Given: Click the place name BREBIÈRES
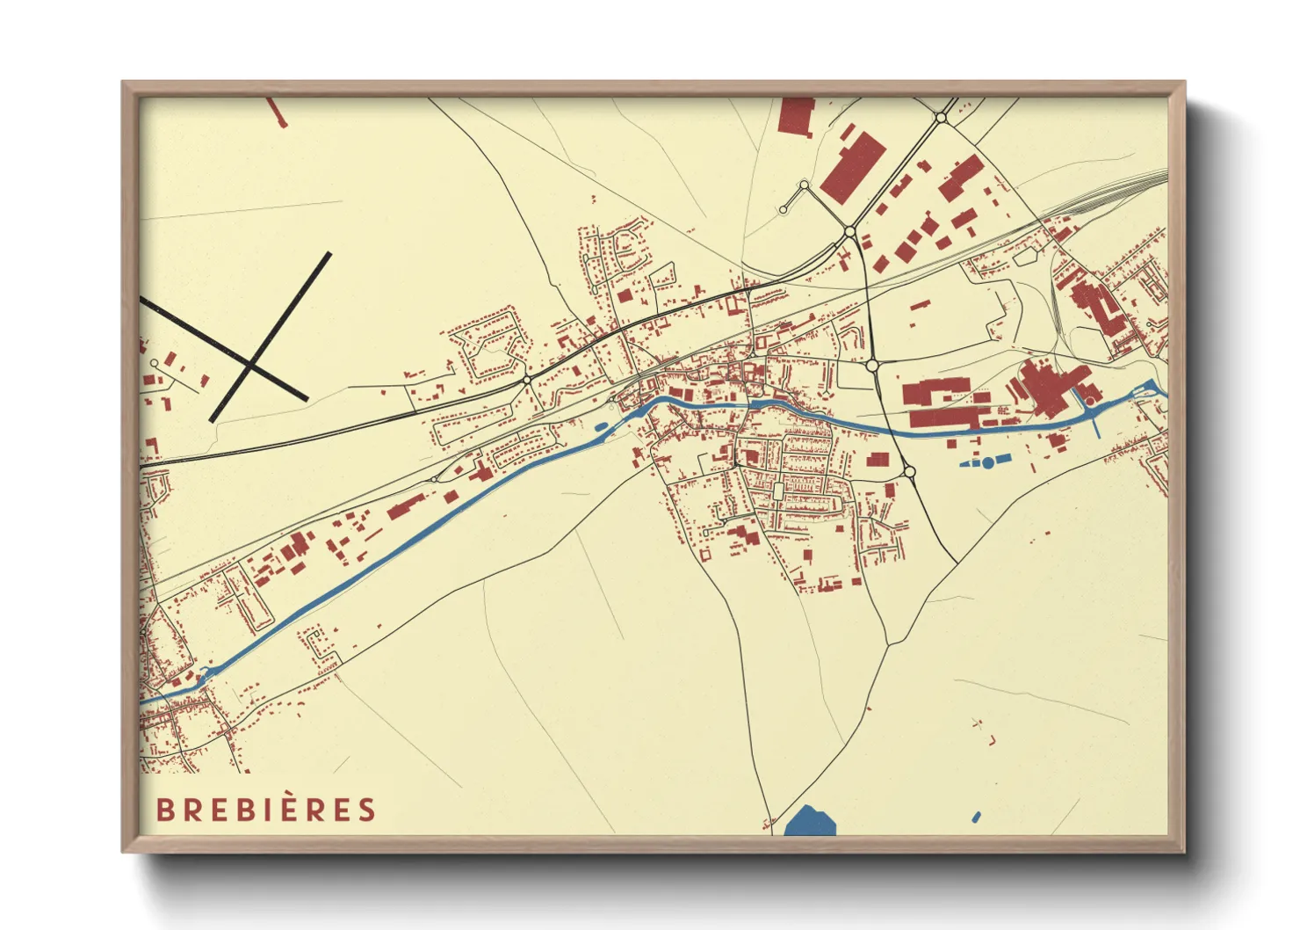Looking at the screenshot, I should [266, 810].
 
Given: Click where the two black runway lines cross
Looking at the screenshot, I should [251, 363].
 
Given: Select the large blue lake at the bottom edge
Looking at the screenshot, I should [809, 823].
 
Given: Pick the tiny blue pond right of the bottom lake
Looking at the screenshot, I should [976, 817].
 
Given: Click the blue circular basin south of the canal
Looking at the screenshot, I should [988, 462].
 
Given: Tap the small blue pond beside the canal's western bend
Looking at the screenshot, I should [601, 428].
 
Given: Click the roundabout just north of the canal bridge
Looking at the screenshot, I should [872, 365].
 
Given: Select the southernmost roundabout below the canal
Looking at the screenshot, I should [909, 473].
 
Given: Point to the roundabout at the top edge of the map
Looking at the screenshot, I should [941, 117].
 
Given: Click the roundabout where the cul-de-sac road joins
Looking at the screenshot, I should [849, 231].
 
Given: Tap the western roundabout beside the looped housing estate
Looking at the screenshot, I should [526, 380].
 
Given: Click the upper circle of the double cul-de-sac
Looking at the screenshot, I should [804, 185].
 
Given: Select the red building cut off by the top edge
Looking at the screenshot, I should [797, 115].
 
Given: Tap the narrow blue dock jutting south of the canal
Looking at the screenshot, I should [1095, 425].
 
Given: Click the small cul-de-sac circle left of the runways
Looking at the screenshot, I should [155, 362].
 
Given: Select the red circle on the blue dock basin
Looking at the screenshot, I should [1090, 403].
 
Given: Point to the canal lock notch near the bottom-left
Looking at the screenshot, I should [205, 674].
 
